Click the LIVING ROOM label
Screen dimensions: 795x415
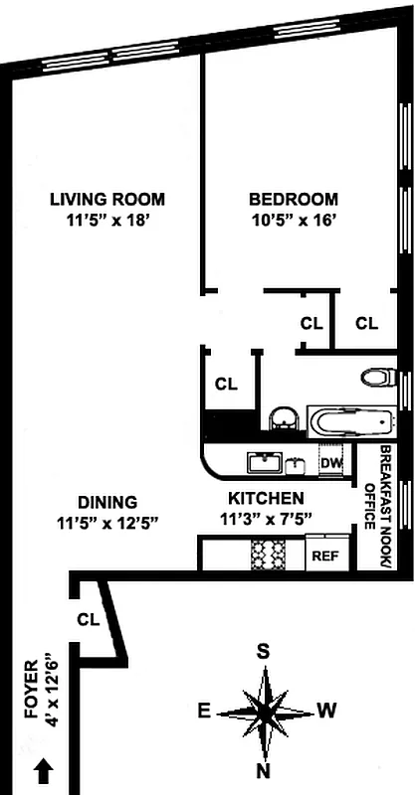click(107, 198)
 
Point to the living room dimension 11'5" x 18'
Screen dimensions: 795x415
click(107, 221)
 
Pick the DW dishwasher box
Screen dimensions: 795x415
click(330, 462)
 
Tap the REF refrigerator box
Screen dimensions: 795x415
click(325, 556)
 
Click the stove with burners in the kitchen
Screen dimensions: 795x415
click(268, 554)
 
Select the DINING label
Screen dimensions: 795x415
click(109, 502)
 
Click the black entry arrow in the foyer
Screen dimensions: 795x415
click(43, 768)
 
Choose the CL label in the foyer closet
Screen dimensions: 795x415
click(89, 619)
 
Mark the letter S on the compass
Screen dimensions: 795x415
click(264, 652)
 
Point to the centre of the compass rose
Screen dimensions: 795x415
click(265, 713)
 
